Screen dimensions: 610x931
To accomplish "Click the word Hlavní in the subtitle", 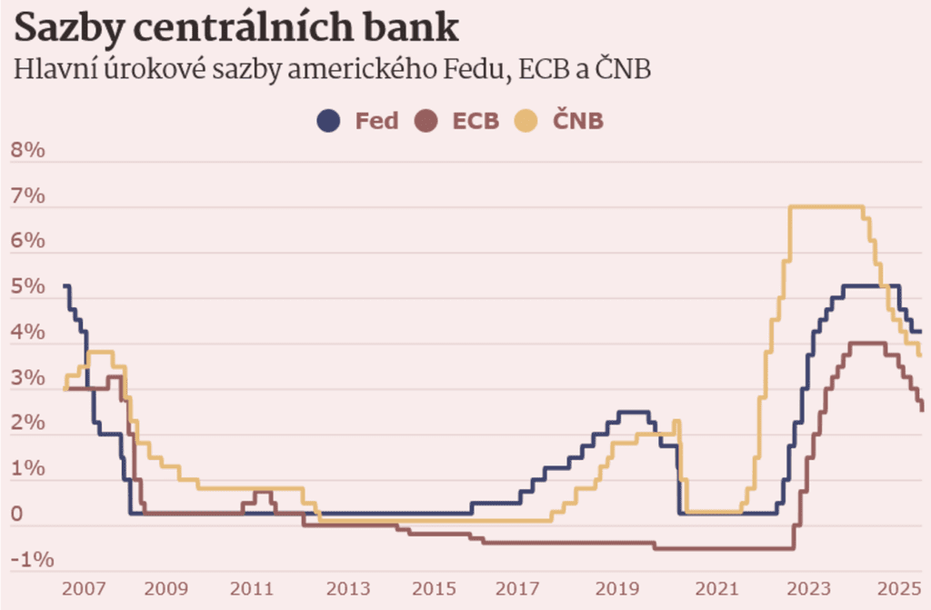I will pos(45,70).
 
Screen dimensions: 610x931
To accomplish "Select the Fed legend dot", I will pos(328,120).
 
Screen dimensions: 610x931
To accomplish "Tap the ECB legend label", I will pos(476,121).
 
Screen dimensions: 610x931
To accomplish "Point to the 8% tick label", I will pos(27,151).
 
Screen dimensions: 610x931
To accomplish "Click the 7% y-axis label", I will pos(27,196).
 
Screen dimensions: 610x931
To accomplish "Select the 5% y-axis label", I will pos(27,287).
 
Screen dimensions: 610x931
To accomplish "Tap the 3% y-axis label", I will pos(27,378).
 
